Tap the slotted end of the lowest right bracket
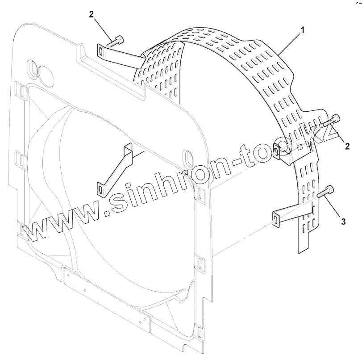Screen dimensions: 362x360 coord(277,218)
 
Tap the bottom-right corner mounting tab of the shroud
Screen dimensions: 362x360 coord(200,331)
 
